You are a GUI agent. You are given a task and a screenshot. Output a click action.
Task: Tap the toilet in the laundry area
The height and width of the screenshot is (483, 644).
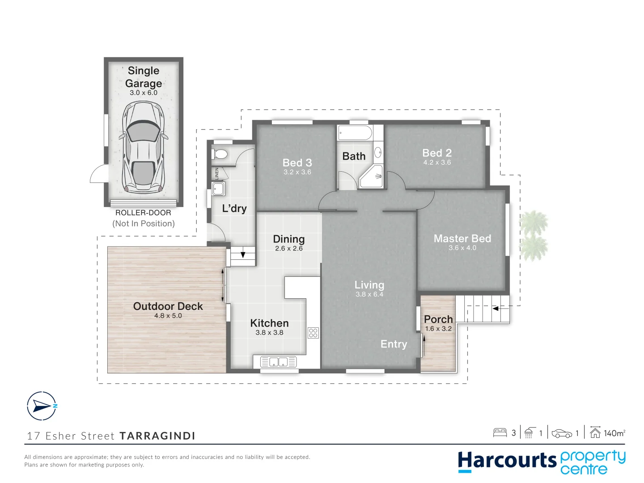(x=220, y=154)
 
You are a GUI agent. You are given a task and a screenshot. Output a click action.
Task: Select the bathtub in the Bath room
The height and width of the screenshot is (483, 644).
(x=355, y=133)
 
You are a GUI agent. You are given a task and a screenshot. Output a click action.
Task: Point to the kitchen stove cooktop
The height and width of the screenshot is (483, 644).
(x=313, y=333)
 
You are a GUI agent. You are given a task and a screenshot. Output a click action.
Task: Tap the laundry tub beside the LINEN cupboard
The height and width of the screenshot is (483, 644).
(x=218, y=188)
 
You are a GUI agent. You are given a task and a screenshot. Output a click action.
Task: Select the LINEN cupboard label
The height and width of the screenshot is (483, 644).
(x=217, y=174)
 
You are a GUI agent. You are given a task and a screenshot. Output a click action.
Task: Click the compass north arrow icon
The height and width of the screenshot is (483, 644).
(x=42, y=406)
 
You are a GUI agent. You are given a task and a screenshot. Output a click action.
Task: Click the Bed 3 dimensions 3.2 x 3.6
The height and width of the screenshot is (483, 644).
(x=297, y=172)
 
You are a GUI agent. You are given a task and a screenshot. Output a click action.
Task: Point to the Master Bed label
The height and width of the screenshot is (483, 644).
(x=462, y=238)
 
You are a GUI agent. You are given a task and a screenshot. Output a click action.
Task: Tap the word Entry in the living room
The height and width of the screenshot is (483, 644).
(x=394, y=344)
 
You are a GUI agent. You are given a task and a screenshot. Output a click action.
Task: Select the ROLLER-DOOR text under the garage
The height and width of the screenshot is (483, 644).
(x=143, y=213)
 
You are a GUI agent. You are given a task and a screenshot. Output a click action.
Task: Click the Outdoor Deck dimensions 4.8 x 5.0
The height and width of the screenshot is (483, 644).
(x=168, y=316)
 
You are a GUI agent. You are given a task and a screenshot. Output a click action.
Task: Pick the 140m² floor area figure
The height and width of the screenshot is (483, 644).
(x=614, y=433)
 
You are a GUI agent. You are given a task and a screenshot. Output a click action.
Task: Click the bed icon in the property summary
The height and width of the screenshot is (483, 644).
(x=500, y=432)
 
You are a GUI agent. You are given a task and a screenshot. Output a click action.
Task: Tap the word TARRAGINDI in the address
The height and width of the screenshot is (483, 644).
(x=157, y=436)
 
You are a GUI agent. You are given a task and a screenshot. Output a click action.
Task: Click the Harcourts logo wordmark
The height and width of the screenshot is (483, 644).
(x=507, y=461)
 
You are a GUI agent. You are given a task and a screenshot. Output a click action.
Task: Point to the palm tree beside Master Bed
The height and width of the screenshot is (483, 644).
(x=534, y=236)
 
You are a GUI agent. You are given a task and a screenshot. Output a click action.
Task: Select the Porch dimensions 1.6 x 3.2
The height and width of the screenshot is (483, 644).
(x=438, y=329)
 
